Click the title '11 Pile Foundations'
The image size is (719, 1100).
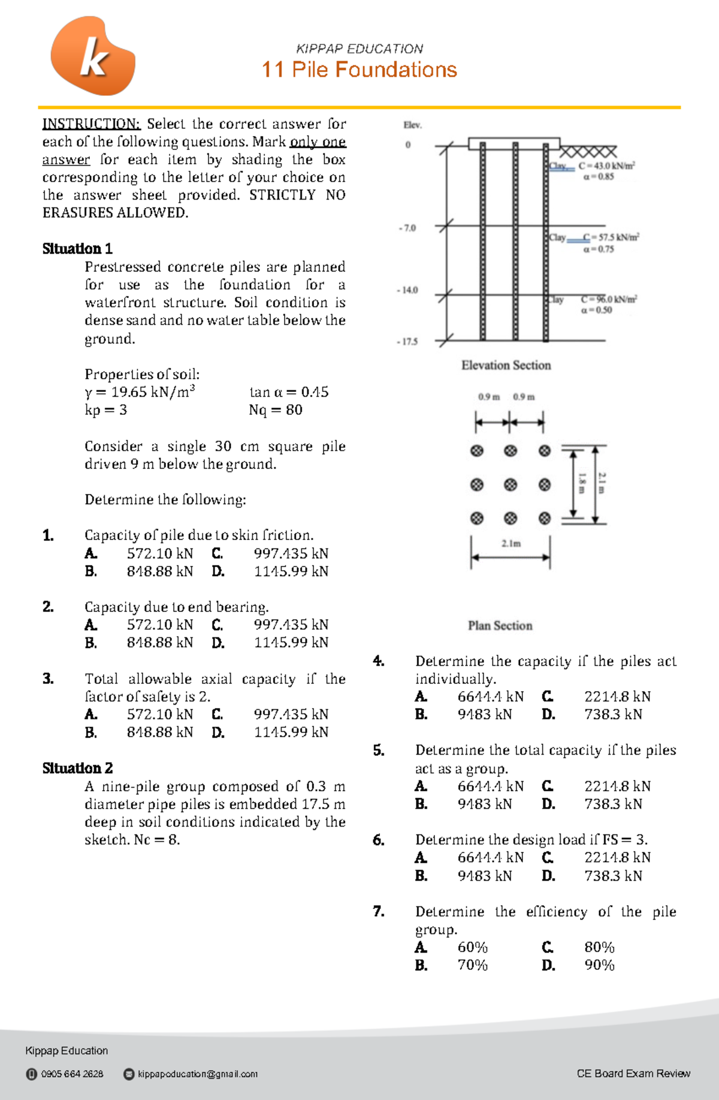pos(359,70)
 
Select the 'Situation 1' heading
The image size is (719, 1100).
pos(77,249)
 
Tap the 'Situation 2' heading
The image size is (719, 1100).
pos(77,768)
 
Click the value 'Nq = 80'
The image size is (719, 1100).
pos(276,410)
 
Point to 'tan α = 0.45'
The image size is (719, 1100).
pos(289,392)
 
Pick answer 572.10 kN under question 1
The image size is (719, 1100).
pos(159,553)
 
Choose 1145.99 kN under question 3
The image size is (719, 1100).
pos(291,732)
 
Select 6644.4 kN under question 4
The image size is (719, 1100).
pos(490,697)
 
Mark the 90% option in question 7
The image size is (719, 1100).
pos(599,965)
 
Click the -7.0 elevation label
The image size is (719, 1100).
pos(407,228)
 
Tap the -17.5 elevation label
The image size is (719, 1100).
pos(407,342)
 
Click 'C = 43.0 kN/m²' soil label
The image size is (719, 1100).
pos(606,165)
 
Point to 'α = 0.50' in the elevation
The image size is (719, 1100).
pos(596,310)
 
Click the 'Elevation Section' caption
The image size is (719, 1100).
pos(506,365)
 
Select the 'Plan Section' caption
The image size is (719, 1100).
pos(500,625)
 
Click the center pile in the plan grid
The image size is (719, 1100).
pos(510,484)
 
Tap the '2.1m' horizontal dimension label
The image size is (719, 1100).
pos(511,544)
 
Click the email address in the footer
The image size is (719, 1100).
pos(197,1074)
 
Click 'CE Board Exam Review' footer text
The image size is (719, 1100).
pos(633,1073)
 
